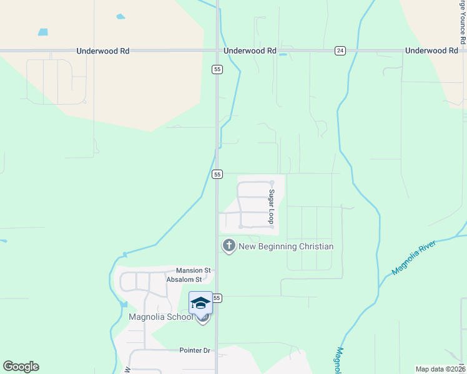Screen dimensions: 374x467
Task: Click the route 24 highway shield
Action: (x=340, y=50)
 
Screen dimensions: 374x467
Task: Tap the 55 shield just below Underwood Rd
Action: (x=217, y=70)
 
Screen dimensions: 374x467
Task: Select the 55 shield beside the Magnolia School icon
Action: (x=217, y=299)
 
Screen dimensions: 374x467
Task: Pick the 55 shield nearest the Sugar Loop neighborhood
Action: (x=217, y=175)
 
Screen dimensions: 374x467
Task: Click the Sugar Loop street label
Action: (x=272, y=206)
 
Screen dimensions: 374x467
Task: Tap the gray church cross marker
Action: (x=229, y=246)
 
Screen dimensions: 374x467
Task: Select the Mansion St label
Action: (x=194, y=271)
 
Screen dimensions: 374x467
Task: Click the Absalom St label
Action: (x=185, y=279)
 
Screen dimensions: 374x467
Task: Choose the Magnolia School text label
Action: (x=161, y=317)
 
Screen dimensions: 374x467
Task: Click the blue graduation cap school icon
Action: (x=200, y=303)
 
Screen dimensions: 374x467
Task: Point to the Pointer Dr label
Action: (x=195, y=350)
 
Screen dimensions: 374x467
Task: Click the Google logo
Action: (x=21, y=367)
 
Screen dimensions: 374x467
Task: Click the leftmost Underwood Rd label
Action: (x=103, y=50)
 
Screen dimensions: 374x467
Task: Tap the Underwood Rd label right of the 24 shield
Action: (x=431, y=50)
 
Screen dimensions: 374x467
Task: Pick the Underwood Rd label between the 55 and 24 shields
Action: (x=250, y=50)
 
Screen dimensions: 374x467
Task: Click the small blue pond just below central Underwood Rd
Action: (x=283, y=55)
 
